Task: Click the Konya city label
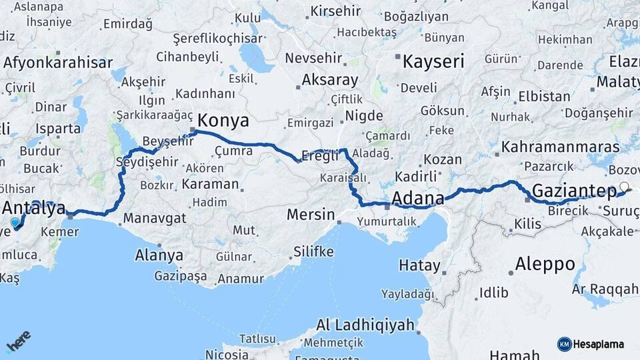pos(224,121)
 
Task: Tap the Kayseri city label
pos(433,62)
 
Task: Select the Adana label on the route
pos(418,198)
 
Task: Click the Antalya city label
pos(35,207)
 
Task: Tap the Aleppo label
pos(545,263)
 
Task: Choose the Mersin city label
pos(310,215)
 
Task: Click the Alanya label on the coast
pos(159,255)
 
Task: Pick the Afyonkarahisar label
pos(58,63)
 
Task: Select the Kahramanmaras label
pos(561,146)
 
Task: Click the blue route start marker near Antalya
pos(15,223)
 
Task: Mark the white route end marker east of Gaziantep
pos(624,187)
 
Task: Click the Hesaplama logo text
pos(599,344)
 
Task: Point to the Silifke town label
pos(313,252)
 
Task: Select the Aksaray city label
pos(330,80)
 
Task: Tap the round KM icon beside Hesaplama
pos(565,344)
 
